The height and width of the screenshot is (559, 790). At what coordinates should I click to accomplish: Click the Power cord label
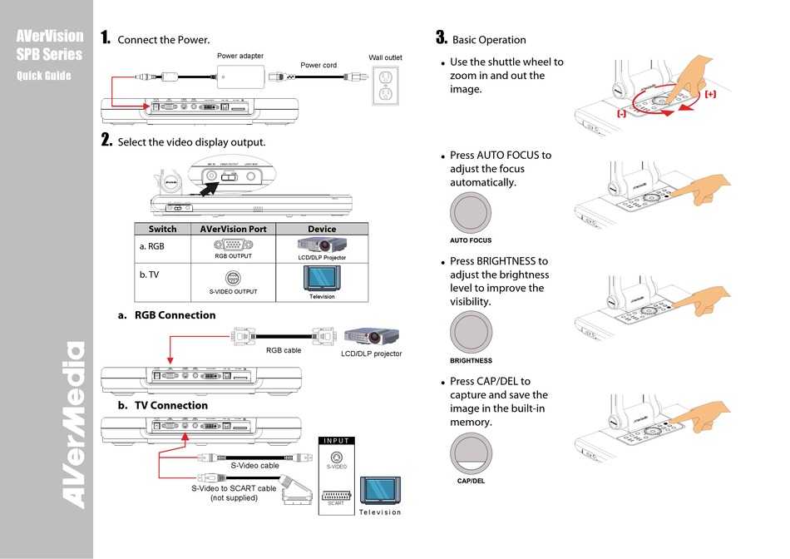pyautogui.click(x=318, y=65)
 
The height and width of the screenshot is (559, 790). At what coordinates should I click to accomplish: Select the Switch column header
pyautogui.click(x=163, y=229)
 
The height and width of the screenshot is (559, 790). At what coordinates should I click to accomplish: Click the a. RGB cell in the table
pyautogui.click(x=151, y=247)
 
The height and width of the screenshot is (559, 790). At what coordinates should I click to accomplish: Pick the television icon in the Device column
pyautogui.click(x=321, y=278)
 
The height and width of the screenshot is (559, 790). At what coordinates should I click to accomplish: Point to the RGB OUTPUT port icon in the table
pyautogui.click(x=233, y=245)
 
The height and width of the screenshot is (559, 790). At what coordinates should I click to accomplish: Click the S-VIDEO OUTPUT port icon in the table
pyautogui.click(x=233, y=279)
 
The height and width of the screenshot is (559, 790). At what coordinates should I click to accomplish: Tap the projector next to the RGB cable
pyautogui.click(x=371, y=337)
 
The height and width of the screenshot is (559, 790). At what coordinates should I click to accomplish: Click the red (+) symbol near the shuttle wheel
pyautogui.click(x=709, y=95)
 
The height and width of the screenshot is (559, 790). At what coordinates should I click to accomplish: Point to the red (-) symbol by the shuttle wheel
pyautogui.click(x=621, y=113)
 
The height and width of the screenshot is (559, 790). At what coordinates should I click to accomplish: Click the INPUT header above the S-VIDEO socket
pyautogui.click(x=336, y=441)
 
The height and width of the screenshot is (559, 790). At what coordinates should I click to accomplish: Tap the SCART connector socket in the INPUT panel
pyautogui.click(x=336, y=493)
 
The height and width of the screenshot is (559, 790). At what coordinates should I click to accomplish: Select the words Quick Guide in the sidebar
pyautogui.click(x=44, y=76)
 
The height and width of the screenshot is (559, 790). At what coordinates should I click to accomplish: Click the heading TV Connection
pyautogui.click(x=170, y=405)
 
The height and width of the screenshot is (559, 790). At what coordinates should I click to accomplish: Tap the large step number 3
pyautogui.click(x=441, y=37)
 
